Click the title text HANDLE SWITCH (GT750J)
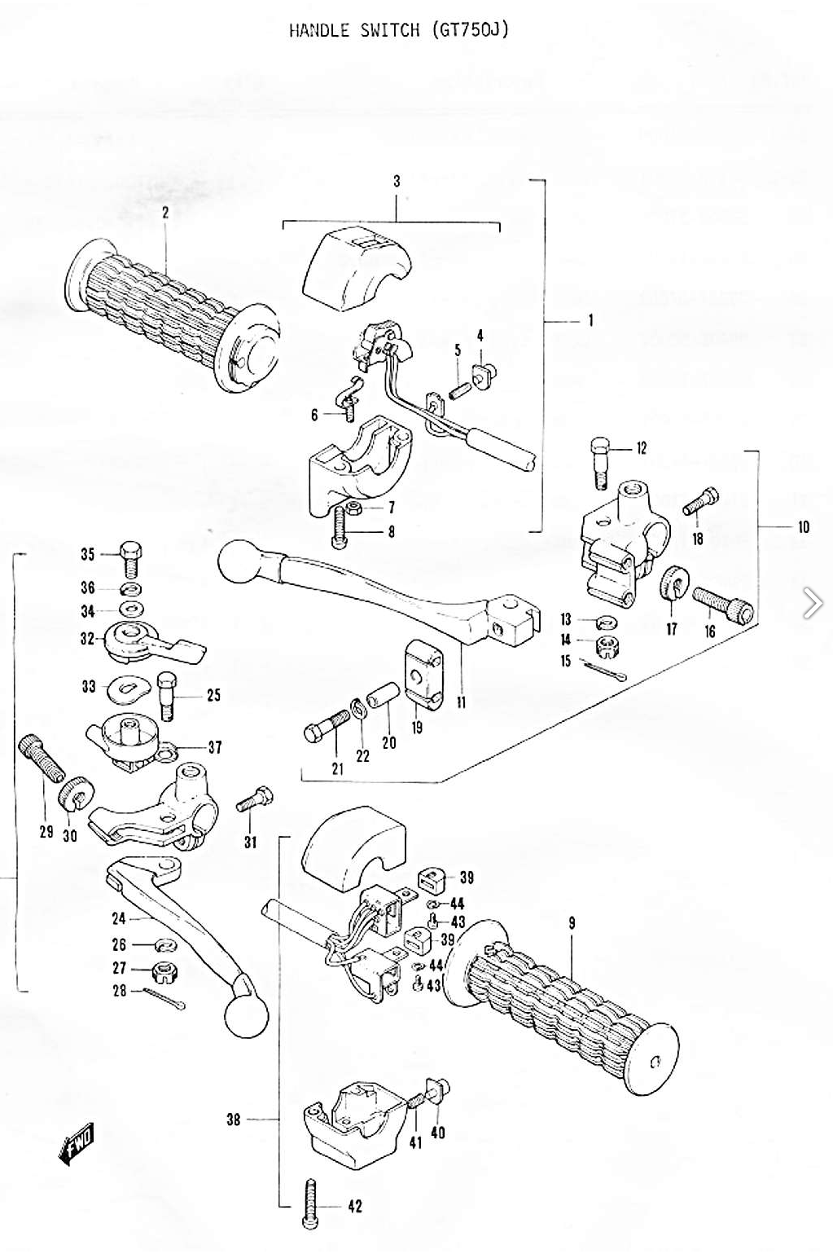coord(399,30)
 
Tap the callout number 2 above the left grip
coord(166,213)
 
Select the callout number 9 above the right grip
coord(572,923)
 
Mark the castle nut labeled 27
coord(165,970)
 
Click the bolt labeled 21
coord(326,726)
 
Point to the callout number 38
coord(234,1120)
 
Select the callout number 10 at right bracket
coord(804,527)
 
